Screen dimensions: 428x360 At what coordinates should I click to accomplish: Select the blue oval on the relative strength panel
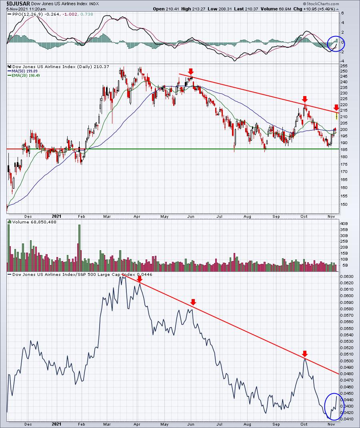pyautogui.click(x=330, y=406)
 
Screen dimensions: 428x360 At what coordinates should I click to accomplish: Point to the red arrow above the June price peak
pyautogui.click(x=191, y=71)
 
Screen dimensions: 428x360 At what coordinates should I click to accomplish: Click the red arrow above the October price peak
pyautogui.click(x=305, y=99)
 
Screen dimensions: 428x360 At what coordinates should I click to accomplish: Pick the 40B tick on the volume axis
pyautogui.click(x=344, y=224)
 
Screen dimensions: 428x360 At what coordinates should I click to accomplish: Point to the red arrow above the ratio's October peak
pyautogui.click(x=305, y=354)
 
